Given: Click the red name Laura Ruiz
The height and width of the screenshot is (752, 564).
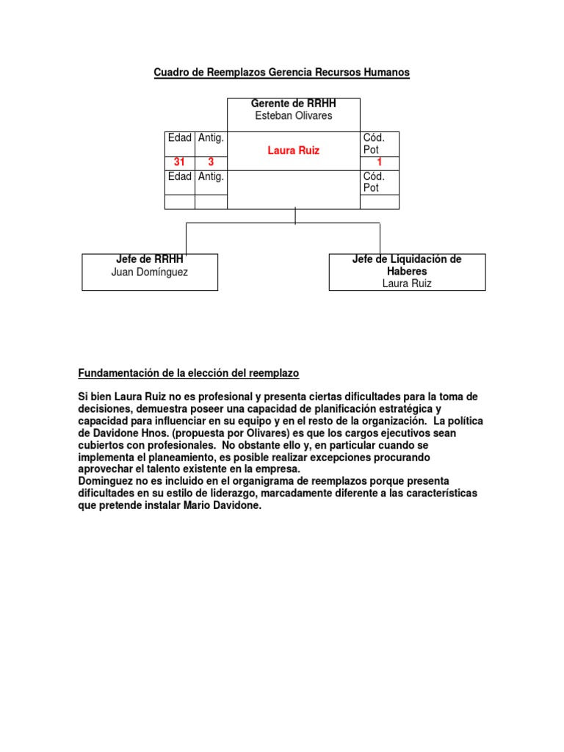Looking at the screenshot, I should click(x=294, y=150).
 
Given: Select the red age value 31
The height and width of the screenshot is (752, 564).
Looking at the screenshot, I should click(x=179, y=162).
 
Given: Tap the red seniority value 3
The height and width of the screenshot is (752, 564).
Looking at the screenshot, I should click(x=211, y=162).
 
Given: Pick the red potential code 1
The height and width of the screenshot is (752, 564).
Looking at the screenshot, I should click(x=380, y=162).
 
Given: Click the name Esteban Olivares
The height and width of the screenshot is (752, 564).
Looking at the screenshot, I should click(x=293, y=115).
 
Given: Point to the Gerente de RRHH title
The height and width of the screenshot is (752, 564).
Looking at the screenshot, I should click(x=293, y=104).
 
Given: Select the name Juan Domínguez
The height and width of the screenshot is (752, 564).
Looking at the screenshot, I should click(x=150, y=272).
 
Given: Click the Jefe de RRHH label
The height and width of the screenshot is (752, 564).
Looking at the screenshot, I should click(x=150, y=259).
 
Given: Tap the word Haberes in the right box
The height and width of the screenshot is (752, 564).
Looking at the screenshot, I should click(x=407, y=271).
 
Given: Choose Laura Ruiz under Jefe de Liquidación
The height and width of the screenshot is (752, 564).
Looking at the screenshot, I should click(x=407, y=283).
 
